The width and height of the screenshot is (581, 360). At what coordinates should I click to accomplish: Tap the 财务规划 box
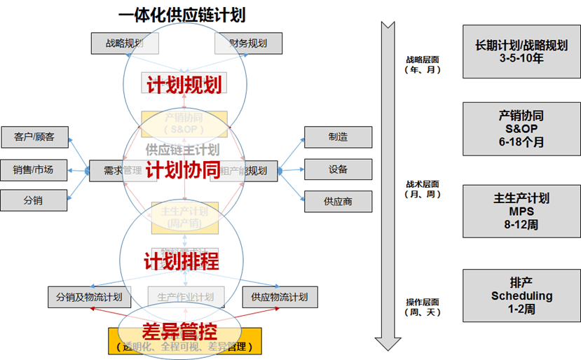click(247, 43)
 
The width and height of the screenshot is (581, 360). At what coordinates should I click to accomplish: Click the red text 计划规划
click(184, 85)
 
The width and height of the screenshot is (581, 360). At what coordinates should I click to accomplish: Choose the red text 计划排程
click(182, 261)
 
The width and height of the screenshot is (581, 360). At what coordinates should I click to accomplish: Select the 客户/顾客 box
click(35, 137)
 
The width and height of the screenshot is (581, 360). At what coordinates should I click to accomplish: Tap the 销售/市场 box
click(35, 169)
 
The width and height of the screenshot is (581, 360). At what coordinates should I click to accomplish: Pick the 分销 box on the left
click(35, 200)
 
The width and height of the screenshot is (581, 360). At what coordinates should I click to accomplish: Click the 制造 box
click(338, 137)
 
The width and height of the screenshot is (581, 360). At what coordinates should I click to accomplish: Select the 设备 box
click(338, 169)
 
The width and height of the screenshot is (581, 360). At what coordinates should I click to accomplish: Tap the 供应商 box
click(338, 201)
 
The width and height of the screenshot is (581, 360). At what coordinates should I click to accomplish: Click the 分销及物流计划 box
click(89, 297)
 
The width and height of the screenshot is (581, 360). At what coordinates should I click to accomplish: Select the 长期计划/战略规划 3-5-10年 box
click(521, 52)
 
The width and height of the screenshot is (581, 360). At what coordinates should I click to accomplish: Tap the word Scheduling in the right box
click(521, 296)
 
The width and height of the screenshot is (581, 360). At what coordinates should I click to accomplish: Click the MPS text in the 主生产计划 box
click(521, 212)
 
